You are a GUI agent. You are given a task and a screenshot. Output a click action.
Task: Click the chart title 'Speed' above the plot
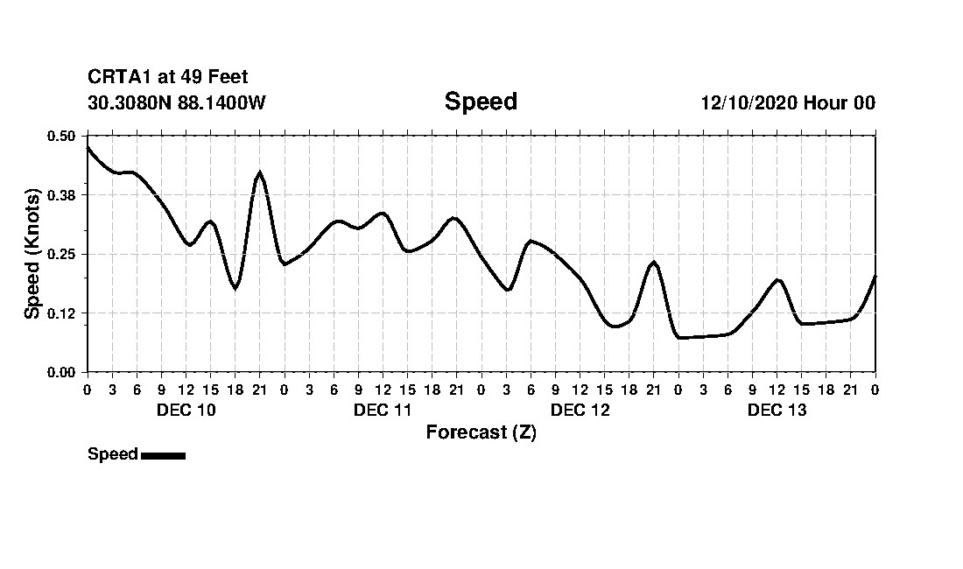481,102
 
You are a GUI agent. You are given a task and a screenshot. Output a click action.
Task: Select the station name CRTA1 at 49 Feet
168,78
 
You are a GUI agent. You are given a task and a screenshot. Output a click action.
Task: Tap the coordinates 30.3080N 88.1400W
177,103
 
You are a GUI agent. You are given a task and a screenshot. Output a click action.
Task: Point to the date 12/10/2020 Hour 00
788,103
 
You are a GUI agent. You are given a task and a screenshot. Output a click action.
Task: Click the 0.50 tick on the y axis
61,136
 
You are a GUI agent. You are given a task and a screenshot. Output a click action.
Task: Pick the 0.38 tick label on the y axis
61,195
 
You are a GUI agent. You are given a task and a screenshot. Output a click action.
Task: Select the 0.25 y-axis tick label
61,254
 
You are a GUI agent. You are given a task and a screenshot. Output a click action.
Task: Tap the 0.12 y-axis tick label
61,313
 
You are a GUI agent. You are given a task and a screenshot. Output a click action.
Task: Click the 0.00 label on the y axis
61,372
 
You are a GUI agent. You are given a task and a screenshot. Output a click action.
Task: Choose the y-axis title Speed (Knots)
32,254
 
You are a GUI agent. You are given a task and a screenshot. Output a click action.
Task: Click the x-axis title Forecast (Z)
481,432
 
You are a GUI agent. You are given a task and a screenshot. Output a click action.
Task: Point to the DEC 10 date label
186,411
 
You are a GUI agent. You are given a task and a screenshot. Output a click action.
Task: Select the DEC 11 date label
383,411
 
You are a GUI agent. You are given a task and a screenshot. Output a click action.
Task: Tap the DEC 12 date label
580,411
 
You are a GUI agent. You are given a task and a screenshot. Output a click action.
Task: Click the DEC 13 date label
777,411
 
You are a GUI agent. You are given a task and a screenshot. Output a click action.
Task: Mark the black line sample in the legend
163,455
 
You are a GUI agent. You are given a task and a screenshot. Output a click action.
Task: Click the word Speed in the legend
113,454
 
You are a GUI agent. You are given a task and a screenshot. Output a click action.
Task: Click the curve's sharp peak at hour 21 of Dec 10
259,172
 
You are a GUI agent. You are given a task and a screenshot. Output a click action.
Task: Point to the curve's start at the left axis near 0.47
88,148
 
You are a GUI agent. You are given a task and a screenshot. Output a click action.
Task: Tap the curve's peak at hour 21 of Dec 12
653,262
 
